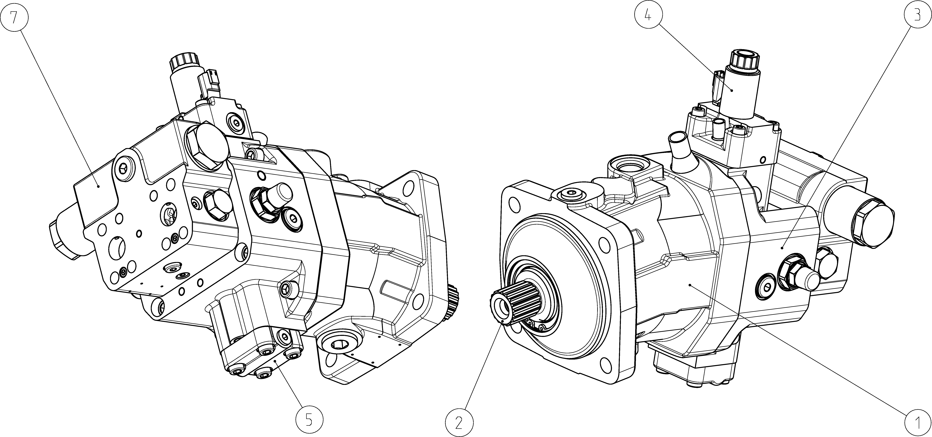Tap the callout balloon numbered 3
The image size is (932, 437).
coord(917,16)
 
